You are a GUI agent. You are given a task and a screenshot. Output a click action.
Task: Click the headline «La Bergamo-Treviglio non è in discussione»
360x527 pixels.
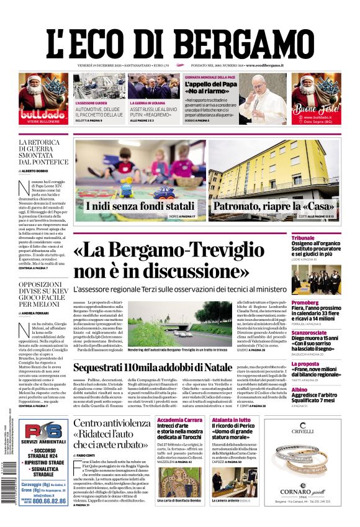pos(180,261)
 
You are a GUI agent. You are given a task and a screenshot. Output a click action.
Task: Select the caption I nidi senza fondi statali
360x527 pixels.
pos(140,206)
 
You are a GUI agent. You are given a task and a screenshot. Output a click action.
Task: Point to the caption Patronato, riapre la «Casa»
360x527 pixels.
pos(274,206)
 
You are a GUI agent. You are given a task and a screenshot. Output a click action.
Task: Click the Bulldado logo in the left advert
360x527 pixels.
pos(43,115)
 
